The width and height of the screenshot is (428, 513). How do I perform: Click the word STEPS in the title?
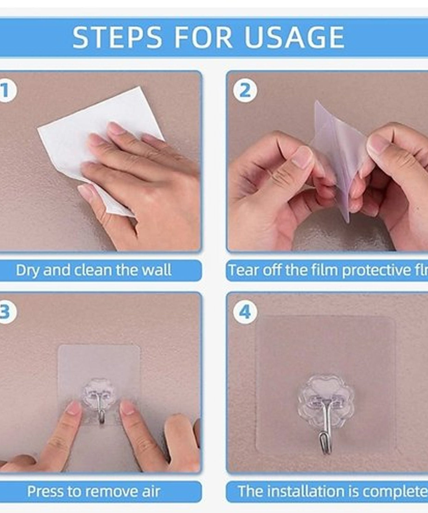coord(117,37)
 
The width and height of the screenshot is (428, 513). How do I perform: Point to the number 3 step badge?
coord(6,312)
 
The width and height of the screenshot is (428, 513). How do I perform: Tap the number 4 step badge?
coord(245,312)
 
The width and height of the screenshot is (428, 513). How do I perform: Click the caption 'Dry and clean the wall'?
coord(93,270)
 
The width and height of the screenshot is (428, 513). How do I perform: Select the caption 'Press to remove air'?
coord(93,491)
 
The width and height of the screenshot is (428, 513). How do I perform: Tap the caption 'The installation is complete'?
coord(332,491)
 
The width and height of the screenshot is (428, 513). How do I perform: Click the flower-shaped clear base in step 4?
coord(324,393)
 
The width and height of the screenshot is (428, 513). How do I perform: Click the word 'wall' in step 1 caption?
coord(156,270)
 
